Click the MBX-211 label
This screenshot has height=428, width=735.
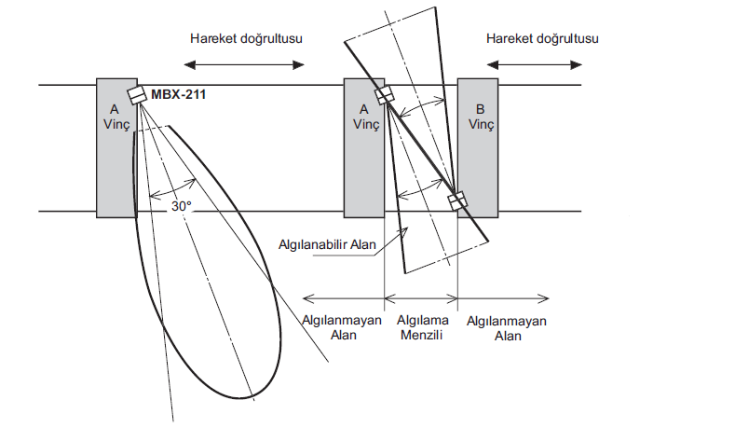point(180,95)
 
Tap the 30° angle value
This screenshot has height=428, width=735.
point(181,206)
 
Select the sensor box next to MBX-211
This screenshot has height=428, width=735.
point(138,96)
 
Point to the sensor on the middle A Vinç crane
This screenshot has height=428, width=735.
point(383,95)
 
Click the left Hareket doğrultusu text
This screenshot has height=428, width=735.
point(246,38)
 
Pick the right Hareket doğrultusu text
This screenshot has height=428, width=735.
point(541,38)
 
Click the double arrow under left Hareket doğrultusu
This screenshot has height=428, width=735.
point(244,64)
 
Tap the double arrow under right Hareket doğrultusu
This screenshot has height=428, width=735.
point(536,64)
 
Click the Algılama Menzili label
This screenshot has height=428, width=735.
point(420,328)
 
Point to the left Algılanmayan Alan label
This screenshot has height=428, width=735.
point(342,328)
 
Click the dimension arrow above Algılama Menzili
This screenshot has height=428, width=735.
point(420,299)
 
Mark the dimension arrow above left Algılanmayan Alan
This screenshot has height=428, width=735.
point(344,299)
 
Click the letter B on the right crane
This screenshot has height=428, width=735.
point(480,108)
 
